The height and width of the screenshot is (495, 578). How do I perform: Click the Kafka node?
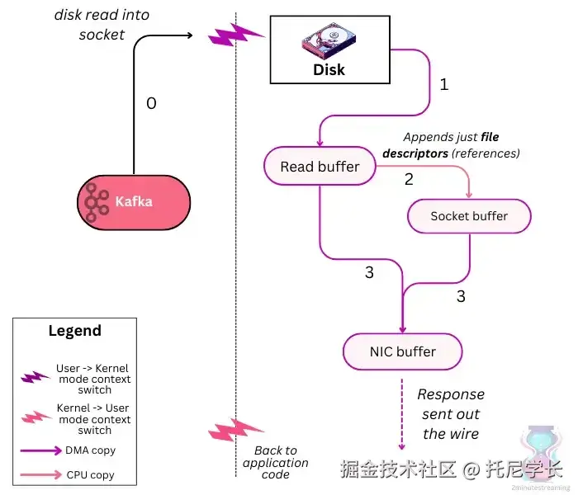tap(134, 201)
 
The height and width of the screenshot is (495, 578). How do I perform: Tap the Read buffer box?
tap(320, 167)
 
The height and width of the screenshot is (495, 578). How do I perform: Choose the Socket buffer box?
tap(469, 216)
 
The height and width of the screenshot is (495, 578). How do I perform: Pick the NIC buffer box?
tap(401, 352)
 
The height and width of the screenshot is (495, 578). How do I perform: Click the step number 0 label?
tap(151, 104)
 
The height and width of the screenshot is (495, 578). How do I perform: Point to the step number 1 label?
tap(443, 84)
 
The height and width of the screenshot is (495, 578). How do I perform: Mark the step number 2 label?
tap(409, 179)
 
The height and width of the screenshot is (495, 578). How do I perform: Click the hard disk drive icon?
tap(329, 37)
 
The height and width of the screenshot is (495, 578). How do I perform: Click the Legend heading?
tap(74, 331)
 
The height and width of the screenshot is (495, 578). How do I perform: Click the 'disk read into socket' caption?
tap(102, 25)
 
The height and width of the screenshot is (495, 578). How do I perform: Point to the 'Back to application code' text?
tap(275, 463)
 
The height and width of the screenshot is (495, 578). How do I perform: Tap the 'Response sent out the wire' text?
tap(451, 414)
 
